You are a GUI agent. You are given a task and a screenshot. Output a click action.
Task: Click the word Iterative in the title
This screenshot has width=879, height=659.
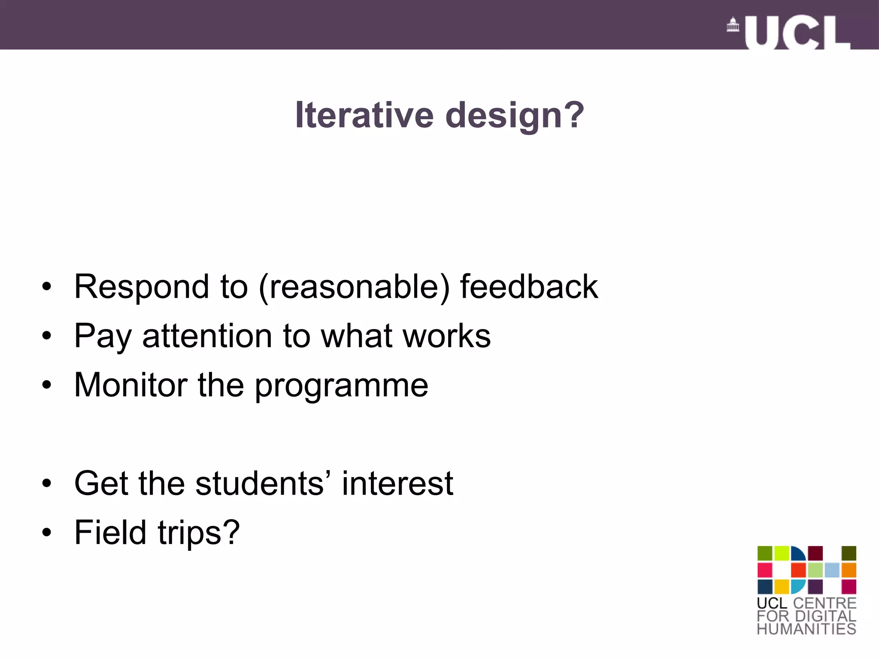pyautogui.click(x=364, y=115)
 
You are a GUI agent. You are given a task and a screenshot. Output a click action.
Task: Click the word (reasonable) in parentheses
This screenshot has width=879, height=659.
pyautogui.click(x=354, y=287)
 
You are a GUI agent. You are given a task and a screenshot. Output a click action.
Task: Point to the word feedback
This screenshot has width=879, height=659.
pyautogui.click(x=529, y=286)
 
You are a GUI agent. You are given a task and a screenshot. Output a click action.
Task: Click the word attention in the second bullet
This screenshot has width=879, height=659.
pyautogui.click(x=207, y=336)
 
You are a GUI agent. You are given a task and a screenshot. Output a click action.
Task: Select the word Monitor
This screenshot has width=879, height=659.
pyautogui.click(x=130, y=385)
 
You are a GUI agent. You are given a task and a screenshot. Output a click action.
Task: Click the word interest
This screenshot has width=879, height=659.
pyautogui.click(x=397, y=484)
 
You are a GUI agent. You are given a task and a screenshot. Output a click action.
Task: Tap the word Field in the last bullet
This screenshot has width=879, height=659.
pyautogui.click(x=110, y=532)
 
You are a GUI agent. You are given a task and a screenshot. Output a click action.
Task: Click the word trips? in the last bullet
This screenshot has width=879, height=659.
pyautogui.click(x=198, y=533)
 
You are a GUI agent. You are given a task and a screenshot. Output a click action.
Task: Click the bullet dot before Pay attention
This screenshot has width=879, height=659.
pyautogui.click(x=47, y=336)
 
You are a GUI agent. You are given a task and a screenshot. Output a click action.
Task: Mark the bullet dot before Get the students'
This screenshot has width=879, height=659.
pyautogui.click(x=47, y=484)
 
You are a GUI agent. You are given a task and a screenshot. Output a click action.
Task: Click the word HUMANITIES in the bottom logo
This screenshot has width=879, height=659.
pyautogui.click(x=806, y=629)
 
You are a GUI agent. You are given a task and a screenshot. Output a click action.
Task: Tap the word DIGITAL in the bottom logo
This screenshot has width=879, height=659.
pyautogui.click(x=825, y=616)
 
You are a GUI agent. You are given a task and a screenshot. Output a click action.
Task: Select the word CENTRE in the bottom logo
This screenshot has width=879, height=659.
pyautogui.click(x=824, y=603)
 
